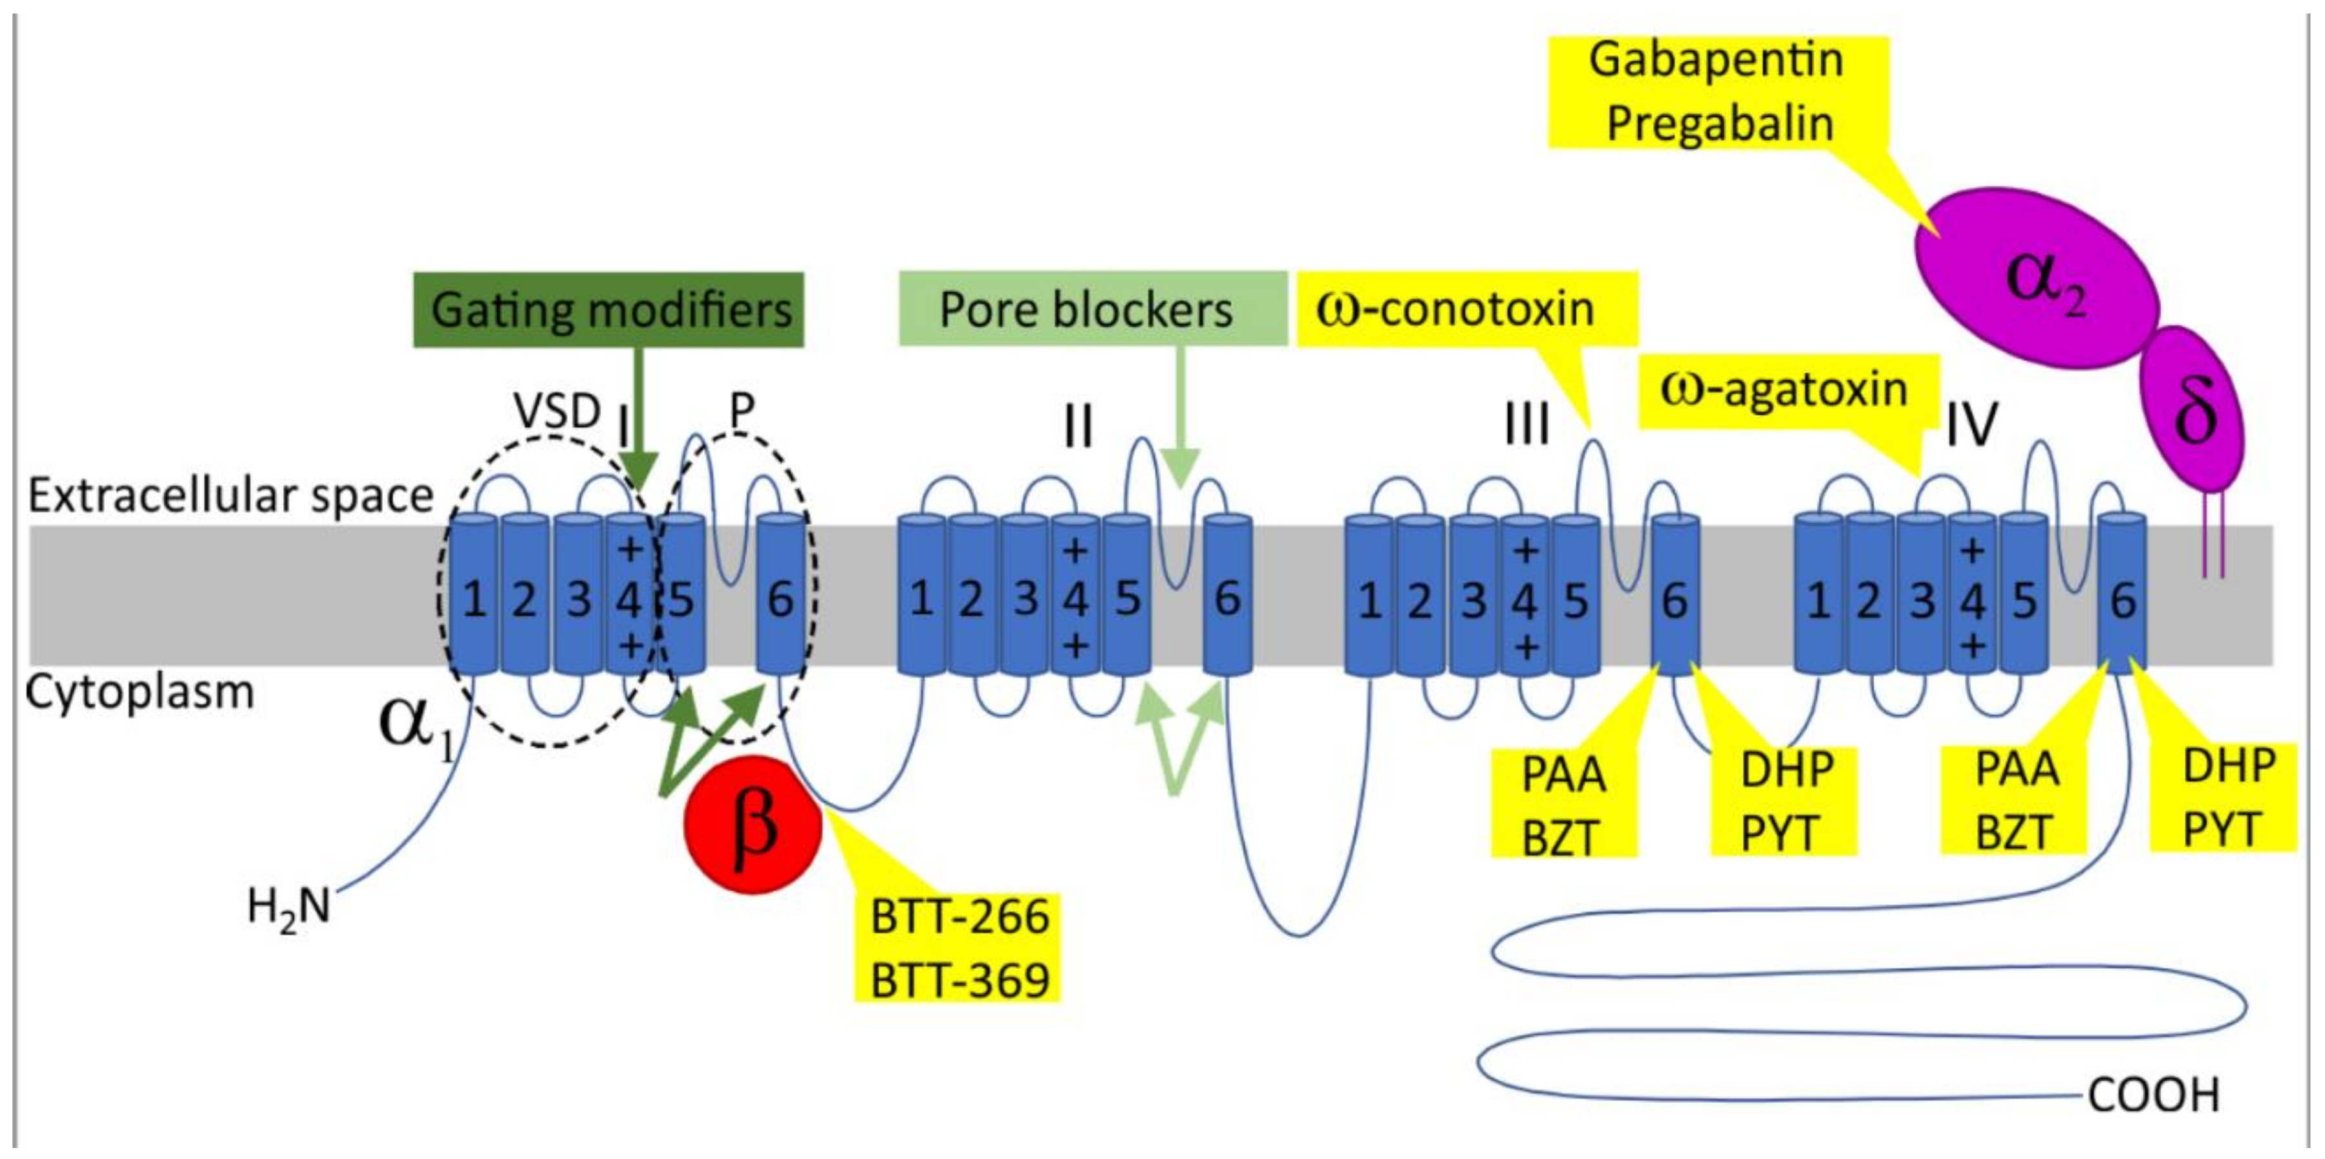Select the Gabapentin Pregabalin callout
pyautogui.click(x=1718, y=91)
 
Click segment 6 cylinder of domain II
pyautogui.click(x=1228, y=596)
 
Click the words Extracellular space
pyautogui.click(x=231, y=495)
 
